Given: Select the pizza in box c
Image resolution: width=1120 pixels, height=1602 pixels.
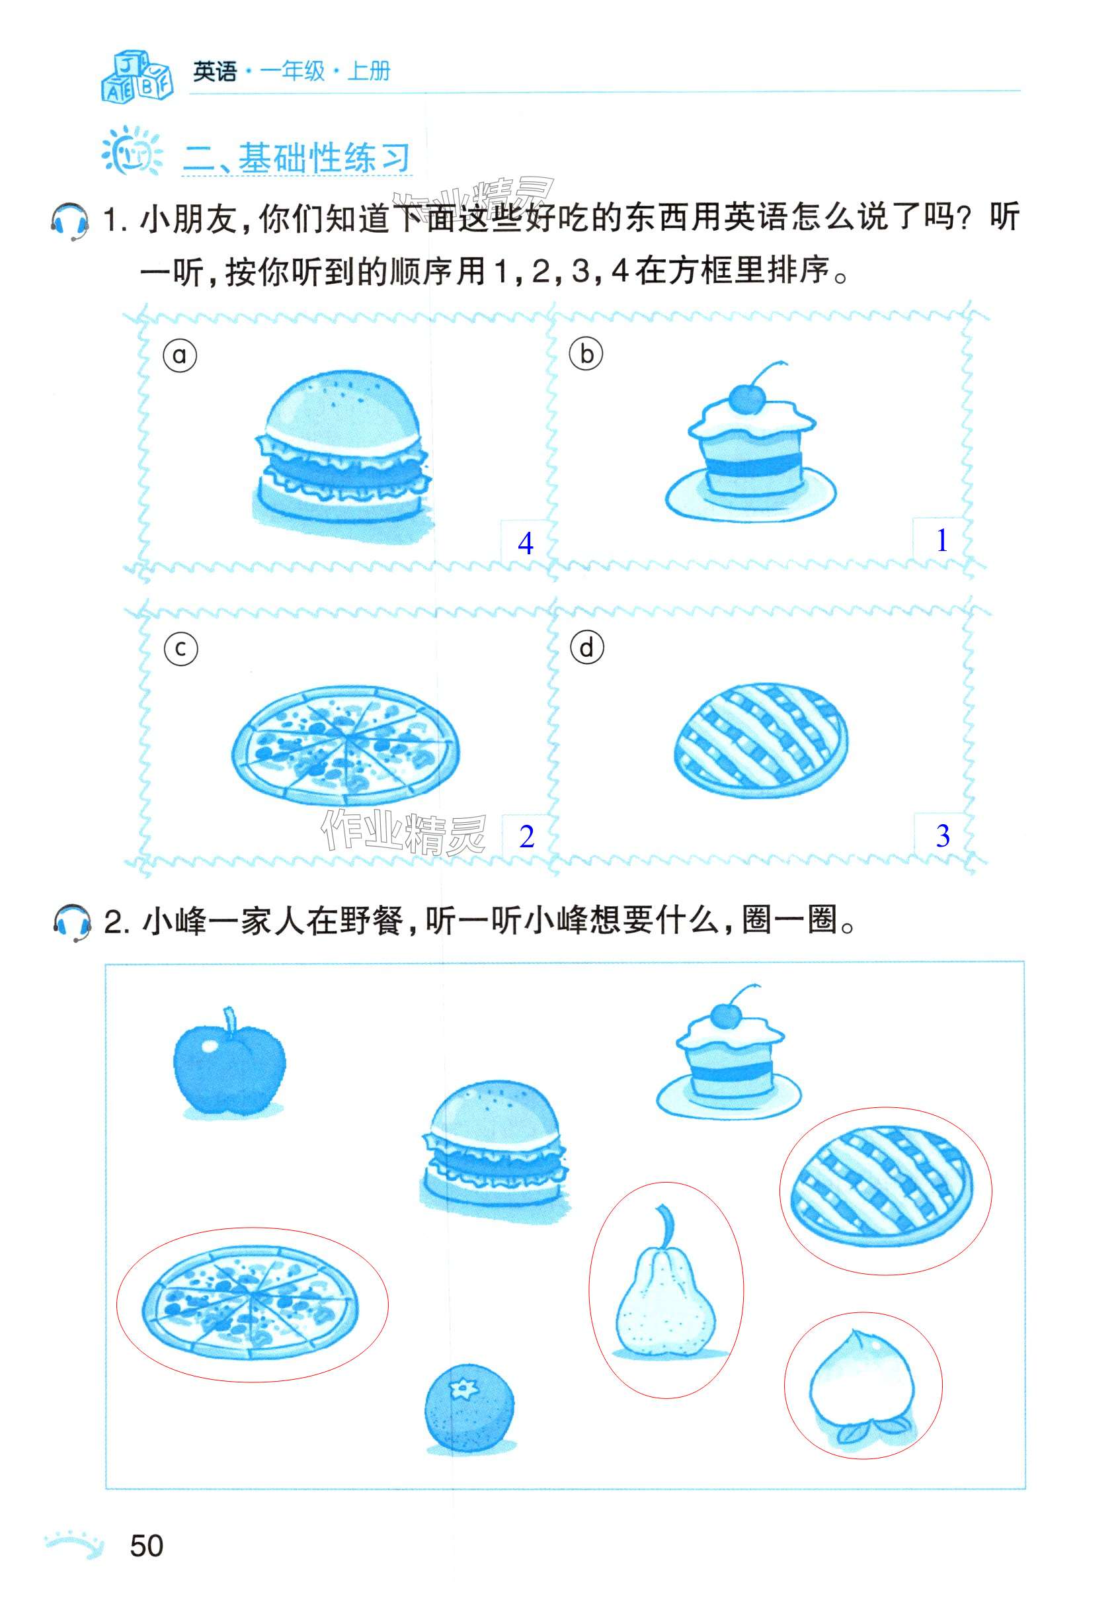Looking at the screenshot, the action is pos(345,742).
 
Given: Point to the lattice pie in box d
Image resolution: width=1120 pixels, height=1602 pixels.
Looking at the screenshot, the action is pos(761,739).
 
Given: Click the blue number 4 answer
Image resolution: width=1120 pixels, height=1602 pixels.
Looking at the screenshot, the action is pos(526,543).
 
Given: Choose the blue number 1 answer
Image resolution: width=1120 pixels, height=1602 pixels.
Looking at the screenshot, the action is pos(942,540).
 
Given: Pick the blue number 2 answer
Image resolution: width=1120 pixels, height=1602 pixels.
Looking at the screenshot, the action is pos(526,837).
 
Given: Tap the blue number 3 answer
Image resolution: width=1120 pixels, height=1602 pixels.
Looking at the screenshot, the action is pos(943,835).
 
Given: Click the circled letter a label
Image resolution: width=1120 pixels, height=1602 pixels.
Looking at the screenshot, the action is pos(180,355).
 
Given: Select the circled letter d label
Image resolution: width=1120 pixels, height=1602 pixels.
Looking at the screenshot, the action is pos(587,648).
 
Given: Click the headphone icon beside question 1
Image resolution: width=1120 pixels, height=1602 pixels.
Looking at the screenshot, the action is pos(69,221).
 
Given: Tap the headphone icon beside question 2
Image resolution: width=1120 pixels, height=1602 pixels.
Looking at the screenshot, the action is pos(72,923).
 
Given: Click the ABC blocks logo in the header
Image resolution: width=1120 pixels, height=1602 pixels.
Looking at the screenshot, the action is pos(137,76).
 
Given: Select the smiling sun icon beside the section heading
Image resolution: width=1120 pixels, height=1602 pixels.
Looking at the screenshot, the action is pos(132,151).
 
